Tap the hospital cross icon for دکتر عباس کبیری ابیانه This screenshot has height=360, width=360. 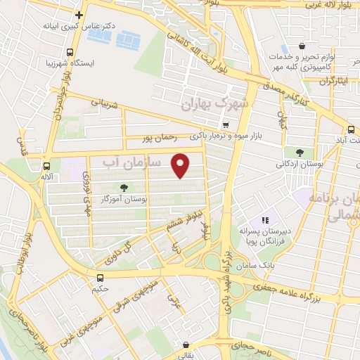(79, 14)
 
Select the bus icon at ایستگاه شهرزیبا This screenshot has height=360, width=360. (69, 52)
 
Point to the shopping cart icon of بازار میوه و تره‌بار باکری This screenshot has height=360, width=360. (224, 125)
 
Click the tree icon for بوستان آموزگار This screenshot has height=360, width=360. (124, 188)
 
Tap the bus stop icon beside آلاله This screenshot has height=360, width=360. (46, 167)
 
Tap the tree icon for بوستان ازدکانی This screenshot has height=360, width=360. (300, 153)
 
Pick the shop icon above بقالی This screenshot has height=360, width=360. (186, 345)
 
